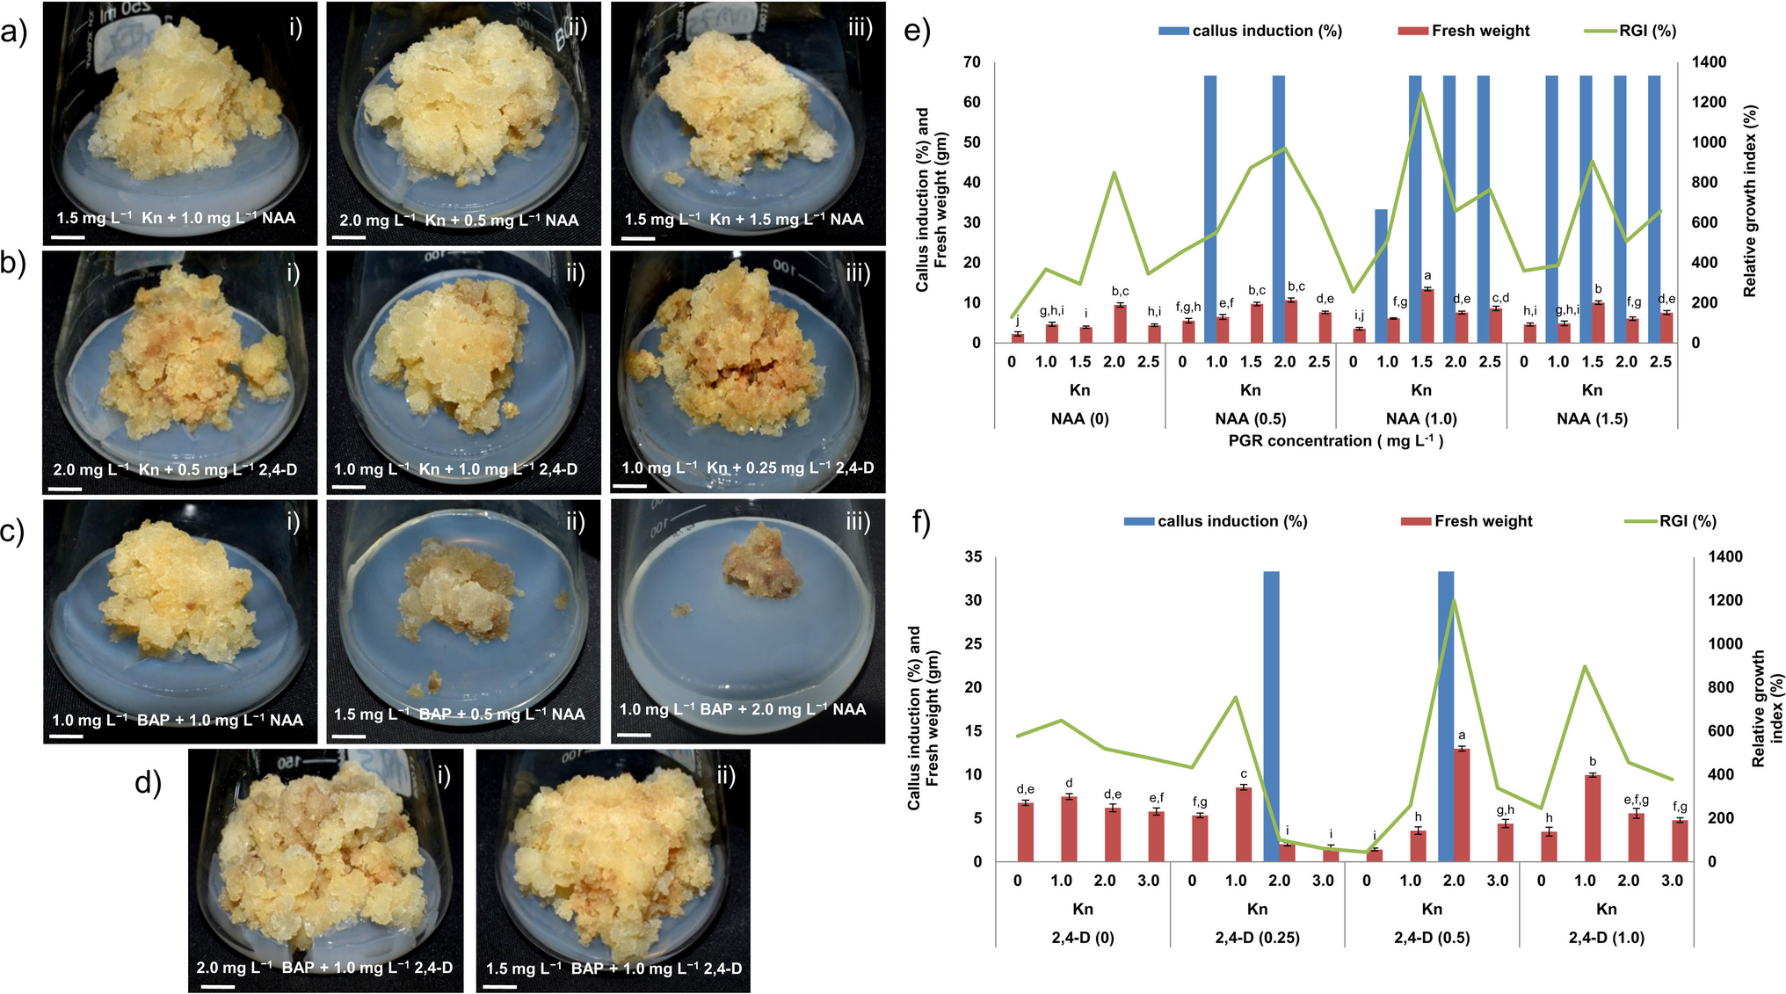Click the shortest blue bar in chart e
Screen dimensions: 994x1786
pos(1381,275)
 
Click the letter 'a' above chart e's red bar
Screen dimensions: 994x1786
pos(1427,276)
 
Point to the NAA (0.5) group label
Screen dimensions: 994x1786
pos(1250,419)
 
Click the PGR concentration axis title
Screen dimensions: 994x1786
pos(1335,441)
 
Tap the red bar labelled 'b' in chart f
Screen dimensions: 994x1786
pos(1592,817)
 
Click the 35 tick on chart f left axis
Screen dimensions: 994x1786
pos(973,557)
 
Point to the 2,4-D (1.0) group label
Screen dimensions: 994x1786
pos(1606,938)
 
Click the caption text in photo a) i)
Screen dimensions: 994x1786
pos(176,218)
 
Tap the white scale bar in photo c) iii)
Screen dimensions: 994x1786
pos(634,735)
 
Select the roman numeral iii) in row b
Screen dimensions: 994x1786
pos(858,273)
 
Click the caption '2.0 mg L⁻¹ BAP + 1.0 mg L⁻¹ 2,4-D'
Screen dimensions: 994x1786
pos(324,968)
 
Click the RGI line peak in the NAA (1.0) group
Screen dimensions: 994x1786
pos(1421,93)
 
